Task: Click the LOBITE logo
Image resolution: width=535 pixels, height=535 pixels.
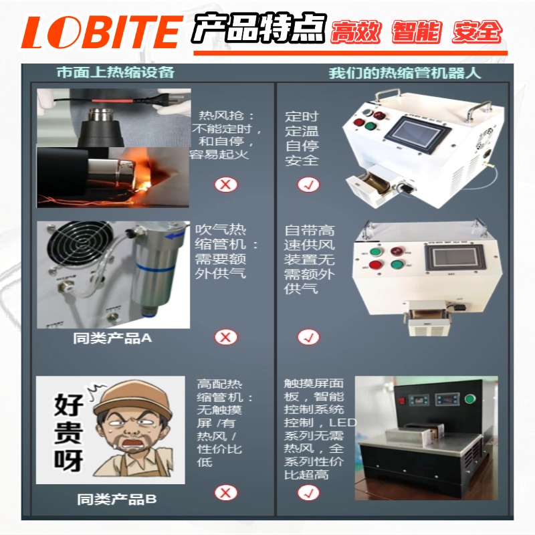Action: tap(100, 32)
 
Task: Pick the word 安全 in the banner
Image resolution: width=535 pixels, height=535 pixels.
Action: tap(476, 31)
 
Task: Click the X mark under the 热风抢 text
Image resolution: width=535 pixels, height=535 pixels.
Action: tap(225, 185)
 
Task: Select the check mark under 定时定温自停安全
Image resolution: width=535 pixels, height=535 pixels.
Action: tap(308, 185)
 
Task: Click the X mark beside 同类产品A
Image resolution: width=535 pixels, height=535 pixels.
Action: tap(225, 337)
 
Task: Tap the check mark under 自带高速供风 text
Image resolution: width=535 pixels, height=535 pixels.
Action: tap(308, 337)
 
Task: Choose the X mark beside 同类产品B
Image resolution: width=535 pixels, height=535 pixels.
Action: tap(225, 494)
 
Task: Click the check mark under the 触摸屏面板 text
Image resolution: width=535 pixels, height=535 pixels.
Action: tap(308, 494)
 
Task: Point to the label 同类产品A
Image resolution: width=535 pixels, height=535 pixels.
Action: tap(112, 338)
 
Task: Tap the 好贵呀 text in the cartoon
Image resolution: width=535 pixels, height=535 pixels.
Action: tap(64, 432)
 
